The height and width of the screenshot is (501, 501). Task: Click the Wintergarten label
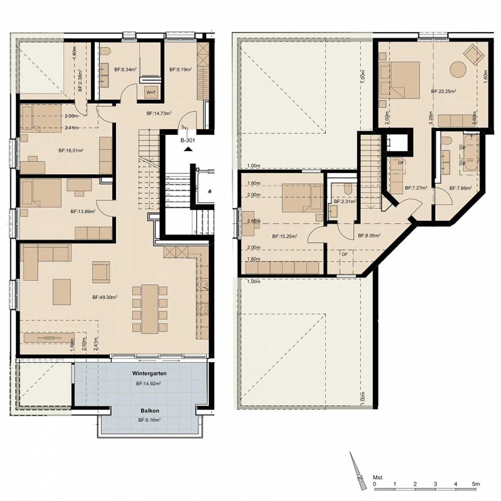pos(149,373)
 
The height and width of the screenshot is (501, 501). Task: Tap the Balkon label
pos(150,411)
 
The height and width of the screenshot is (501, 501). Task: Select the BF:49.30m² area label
pos(105,297)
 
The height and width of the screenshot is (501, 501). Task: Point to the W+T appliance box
pos(151,93)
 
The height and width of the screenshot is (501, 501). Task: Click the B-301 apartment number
pos(188,141)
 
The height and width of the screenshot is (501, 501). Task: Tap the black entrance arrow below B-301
pos(188,149)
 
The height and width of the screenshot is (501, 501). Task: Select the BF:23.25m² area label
pos(444,92)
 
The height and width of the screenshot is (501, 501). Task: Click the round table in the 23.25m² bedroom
pos(458,70)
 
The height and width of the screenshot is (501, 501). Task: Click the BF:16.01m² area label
pos(71,151)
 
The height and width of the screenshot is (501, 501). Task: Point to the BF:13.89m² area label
pos(83,211)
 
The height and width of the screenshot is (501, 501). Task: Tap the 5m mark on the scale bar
pos(476,484)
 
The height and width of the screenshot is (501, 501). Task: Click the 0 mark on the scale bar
pos(374,484)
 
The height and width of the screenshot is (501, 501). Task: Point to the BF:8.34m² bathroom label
pos(125,70)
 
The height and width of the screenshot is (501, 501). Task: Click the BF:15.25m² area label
pos(285,237)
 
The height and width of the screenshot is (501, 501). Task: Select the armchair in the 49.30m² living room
pos(101,272)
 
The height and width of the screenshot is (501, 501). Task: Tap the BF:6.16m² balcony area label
pos(149,420)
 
